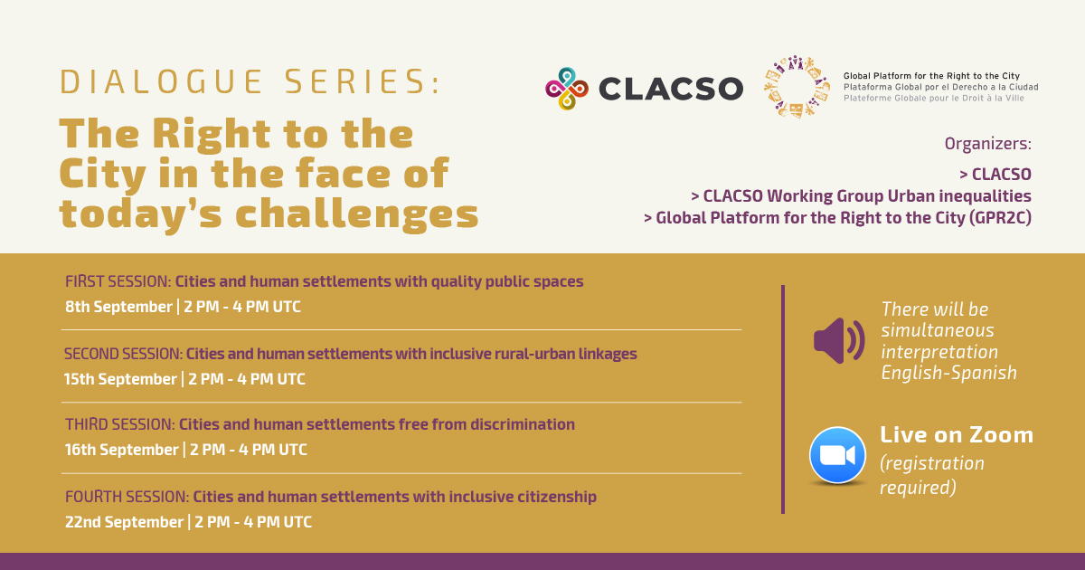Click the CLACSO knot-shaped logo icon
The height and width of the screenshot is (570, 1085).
point(567,89)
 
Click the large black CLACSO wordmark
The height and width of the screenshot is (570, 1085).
point(671,89)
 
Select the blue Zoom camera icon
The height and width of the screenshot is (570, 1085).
point(837,455)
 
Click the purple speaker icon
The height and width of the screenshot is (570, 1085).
point(839,341)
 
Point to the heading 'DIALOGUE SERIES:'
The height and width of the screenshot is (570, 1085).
point(250,81)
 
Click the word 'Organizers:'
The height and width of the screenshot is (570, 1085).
point(987,144)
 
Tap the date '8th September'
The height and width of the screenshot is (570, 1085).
point(118,307)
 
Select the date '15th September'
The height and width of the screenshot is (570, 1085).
point(120,379)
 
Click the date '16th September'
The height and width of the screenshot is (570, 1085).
point(121,450)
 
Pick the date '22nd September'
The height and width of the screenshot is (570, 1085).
point(124,522)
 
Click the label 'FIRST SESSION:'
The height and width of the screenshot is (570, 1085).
point(118,281)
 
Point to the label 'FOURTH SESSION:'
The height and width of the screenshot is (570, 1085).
point(127,497)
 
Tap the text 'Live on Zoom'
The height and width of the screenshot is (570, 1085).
point(957,435)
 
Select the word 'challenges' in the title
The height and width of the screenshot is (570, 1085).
point(357,214)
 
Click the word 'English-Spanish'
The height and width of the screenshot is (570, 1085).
point(948,373)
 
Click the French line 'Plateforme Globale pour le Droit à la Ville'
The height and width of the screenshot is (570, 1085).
point(934,99)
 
